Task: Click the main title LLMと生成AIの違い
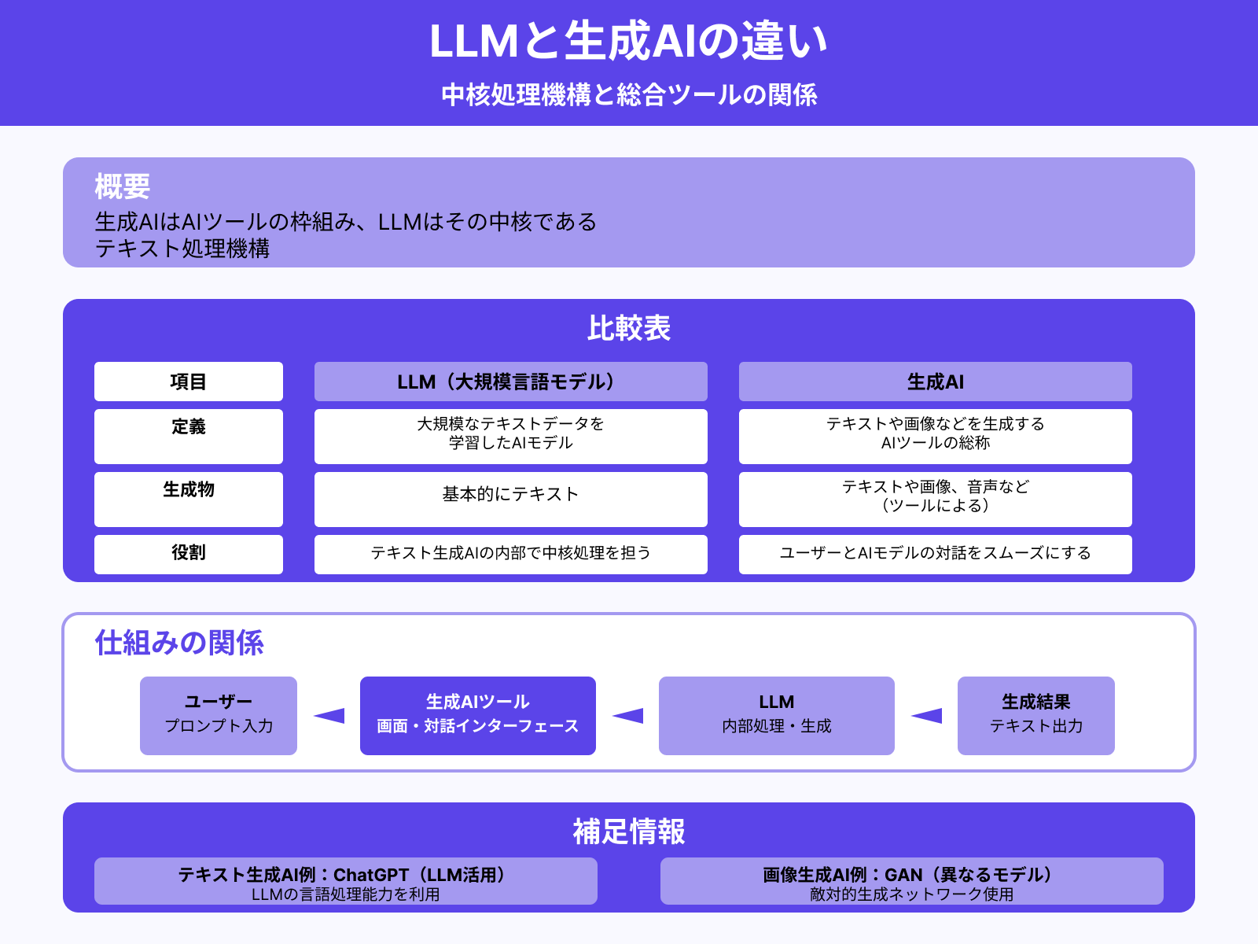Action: [x=628, y=41]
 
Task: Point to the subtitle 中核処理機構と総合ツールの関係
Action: [x=628, y=94]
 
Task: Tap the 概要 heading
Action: [x=122, y=186]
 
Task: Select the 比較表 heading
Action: [x=628, y=328]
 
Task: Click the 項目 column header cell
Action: [x=188, y=382]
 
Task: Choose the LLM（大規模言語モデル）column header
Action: [x=510, y=382]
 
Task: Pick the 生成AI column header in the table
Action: [x=935, y=382]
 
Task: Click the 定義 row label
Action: [x=188, y=436]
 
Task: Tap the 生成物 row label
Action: [x=188, y=499]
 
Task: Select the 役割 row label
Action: [x=188, y=554]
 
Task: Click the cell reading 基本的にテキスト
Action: [x=510, y=499]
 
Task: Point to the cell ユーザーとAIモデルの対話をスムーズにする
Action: [x=935, y=554]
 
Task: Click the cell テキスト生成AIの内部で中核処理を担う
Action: [x=510, y=554]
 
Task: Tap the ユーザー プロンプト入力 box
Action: [x=219, y=715]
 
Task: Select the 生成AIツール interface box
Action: [x=477, y=715]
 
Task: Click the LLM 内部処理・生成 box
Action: [x=776, y=715]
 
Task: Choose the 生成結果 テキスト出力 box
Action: [x=1035, y=715]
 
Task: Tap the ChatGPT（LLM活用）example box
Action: [x=345, y=881]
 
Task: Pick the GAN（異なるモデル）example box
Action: [x=911, y=881]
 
